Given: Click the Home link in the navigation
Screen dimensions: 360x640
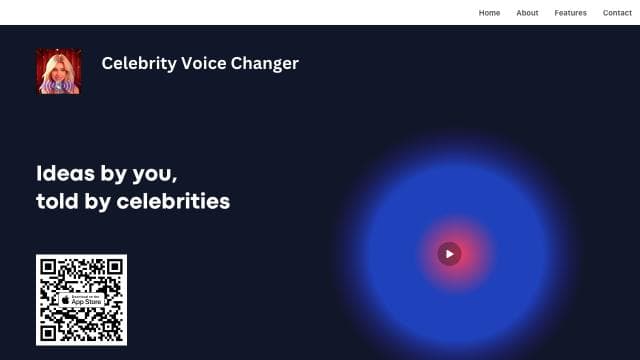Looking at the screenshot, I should pyautogui.click(x=489, y=13).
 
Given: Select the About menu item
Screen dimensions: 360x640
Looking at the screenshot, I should pyautogui.click(x=527, y=13).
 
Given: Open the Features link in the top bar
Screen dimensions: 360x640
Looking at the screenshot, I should pyautogui.click(x=570, y=13).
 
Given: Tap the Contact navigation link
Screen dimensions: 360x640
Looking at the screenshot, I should pyautogui.click(x=617, y=13).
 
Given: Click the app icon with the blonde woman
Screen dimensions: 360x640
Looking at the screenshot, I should pyautogui.click(x=58, y=72).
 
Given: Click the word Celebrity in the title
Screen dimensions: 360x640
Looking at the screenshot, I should pyautogui.click(x=139, y=64).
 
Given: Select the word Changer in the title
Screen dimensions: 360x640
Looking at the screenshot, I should pyautogui.click(x=264, y=64).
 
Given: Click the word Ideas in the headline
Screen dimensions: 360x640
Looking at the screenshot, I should pyautogui.click(x=65, y=172).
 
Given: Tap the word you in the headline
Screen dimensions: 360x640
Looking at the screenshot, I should pyautogui.click(x=154, y=173).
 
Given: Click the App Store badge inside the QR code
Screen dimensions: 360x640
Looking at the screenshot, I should pyautogui.click(x=81, y=300).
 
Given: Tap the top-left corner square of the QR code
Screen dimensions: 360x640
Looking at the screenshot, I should pyautogui.click(x=49, y=267).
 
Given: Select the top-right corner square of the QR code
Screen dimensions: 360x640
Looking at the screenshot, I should pyautogui.click(x=114, y=267).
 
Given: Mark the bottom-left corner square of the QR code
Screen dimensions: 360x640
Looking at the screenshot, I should pyautogui.click(x=49, y=332).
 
